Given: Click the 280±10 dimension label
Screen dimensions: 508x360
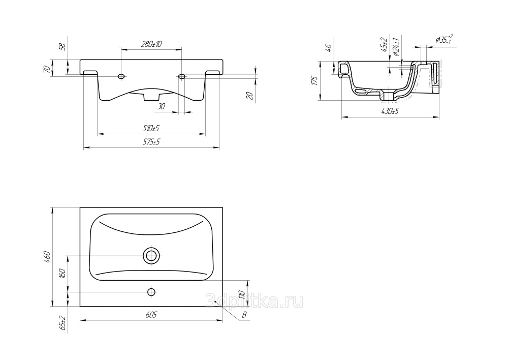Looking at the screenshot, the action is (x=151, y=44).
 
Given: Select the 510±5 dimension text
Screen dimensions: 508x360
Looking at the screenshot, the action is (x=151, y=129).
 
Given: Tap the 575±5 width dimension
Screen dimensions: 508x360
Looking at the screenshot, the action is (x=151, y=142).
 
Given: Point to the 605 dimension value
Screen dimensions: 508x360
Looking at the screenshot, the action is (x=151, y=315).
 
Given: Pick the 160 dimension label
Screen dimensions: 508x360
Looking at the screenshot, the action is (x=63, y=274).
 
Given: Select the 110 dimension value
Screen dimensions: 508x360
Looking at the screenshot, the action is (x=241, y=294).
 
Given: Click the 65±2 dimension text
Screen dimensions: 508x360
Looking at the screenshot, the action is (x=63, y=323).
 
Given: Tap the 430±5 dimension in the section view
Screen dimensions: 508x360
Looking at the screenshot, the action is (x=390, y=111).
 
